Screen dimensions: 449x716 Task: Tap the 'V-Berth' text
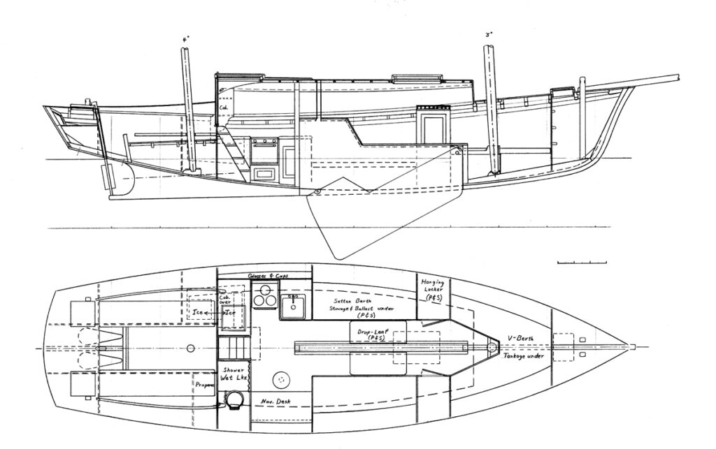[x=522, y=339]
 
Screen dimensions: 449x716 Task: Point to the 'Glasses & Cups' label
[x=269, y=276]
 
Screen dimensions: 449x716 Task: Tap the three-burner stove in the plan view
[x=263, y=298]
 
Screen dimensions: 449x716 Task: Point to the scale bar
[x=582, y=263]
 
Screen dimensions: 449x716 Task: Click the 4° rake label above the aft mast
[x=184, y=41]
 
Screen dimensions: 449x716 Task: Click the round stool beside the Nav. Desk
[x=282, y=378]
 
